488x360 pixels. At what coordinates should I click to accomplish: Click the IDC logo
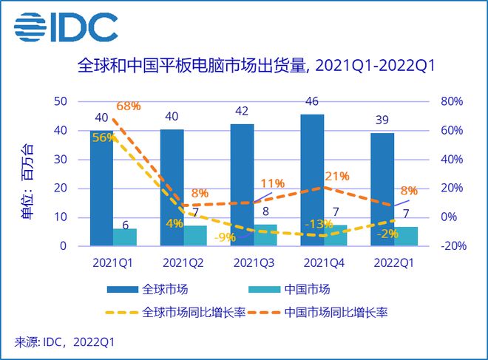coord(65,28)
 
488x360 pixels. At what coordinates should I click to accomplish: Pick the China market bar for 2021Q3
coord(266,234)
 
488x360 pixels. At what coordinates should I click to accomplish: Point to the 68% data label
coord(129,106)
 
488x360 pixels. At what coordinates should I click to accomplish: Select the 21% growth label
coord(337,176)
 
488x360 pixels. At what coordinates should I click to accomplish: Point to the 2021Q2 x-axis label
coord(183,262)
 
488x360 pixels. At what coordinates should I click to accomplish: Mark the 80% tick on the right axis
coord(451,101)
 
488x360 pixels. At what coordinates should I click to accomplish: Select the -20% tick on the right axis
coord(450,246)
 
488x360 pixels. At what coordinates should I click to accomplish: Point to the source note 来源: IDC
coord(65,342)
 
